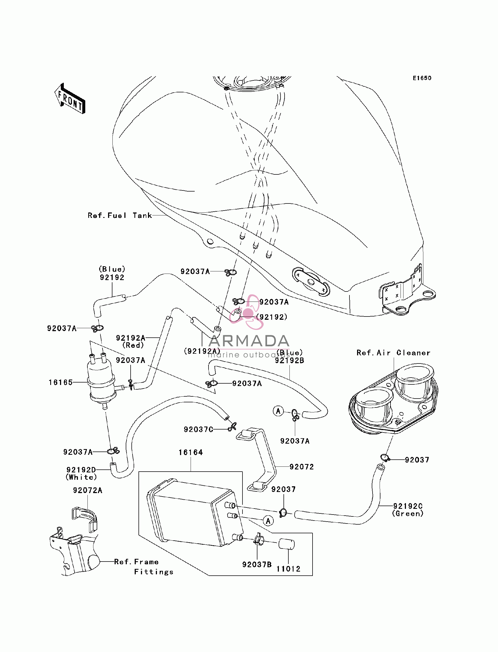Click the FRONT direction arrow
70,98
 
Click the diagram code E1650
422,78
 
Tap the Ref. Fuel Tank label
120,215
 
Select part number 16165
61,382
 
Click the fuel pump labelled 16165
101,381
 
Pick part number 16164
191,452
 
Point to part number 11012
288,569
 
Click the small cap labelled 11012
286,544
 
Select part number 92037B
257,564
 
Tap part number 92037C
198,429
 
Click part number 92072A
88,490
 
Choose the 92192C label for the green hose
408,506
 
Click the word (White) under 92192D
81,477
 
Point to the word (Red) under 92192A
133,345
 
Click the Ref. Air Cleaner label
393,353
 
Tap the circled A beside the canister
268,521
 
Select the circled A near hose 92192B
278,411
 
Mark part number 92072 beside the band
301,467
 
